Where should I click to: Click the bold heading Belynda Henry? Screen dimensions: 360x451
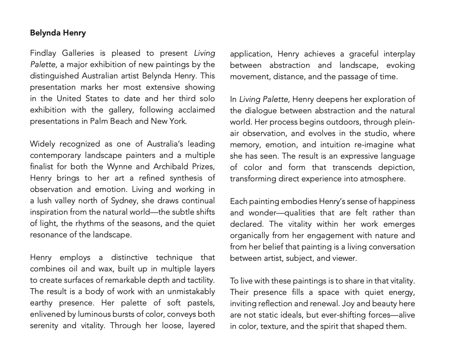point(58,33)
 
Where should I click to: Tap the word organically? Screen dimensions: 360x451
point(250,236)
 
